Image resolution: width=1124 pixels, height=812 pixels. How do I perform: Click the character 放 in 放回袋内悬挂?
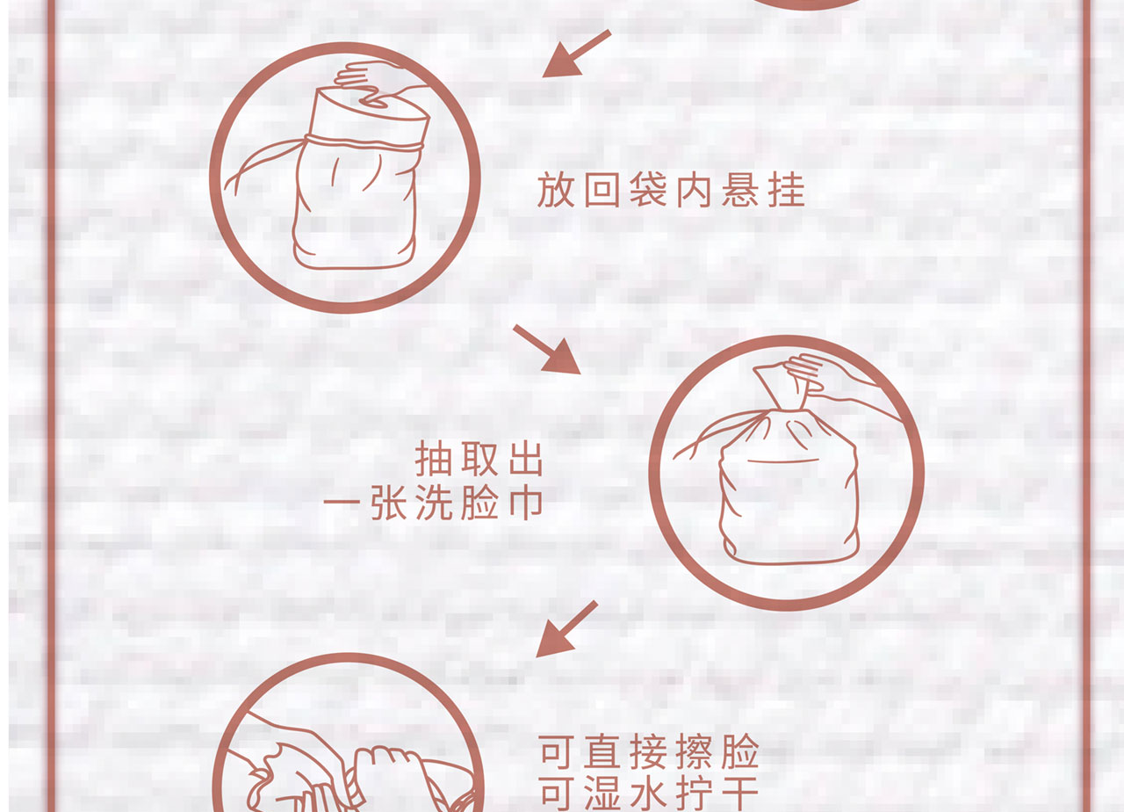556,191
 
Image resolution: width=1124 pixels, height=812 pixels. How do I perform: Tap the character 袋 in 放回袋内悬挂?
648,191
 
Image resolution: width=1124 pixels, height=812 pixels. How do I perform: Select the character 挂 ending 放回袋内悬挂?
787,191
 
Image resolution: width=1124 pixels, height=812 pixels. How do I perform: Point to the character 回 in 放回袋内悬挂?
602,191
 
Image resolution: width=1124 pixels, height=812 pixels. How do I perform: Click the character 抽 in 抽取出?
433,459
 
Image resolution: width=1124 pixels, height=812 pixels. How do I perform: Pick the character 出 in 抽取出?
526,459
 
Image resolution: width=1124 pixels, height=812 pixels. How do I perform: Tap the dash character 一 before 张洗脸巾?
342,501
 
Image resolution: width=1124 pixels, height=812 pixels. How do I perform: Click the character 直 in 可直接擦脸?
602,751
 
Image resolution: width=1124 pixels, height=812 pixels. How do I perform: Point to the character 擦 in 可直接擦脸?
695,751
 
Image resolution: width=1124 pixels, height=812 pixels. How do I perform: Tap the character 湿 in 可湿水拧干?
602,794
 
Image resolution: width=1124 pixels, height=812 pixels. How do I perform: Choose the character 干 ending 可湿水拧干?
740,794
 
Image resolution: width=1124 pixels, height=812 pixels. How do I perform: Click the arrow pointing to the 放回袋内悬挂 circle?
577,54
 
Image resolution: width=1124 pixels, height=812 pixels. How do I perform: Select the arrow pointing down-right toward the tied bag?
547,350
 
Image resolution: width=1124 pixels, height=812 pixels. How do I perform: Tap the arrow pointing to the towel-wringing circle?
566,628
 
